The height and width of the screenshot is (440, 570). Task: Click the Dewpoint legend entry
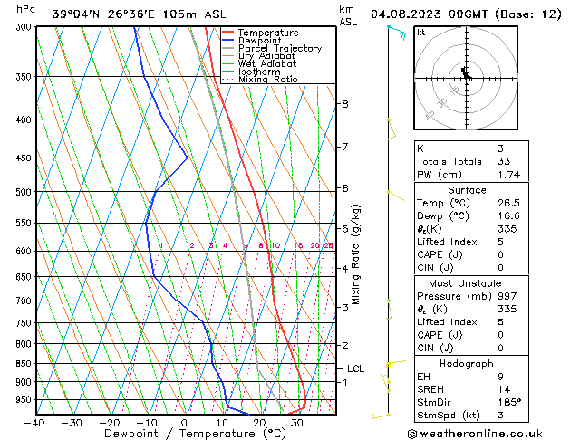pos(256,41)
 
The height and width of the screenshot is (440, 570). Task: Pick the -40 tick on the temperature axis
pos(35,423)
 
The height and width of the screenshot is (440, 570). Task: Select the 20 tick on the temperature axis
pos(259,423)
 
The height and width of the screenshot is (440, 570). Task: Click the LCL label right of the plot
pos(356,368)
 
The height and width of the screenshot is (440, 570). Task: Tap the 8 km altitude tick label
pos(344,104)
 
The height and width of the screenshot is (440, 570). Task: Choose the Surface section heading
pos(468,190)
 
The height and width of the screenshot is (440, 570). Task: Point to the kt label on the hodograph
pos(421,32)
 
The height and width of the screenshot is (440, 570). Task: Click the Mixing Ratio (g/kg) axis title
pos(357,254)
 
